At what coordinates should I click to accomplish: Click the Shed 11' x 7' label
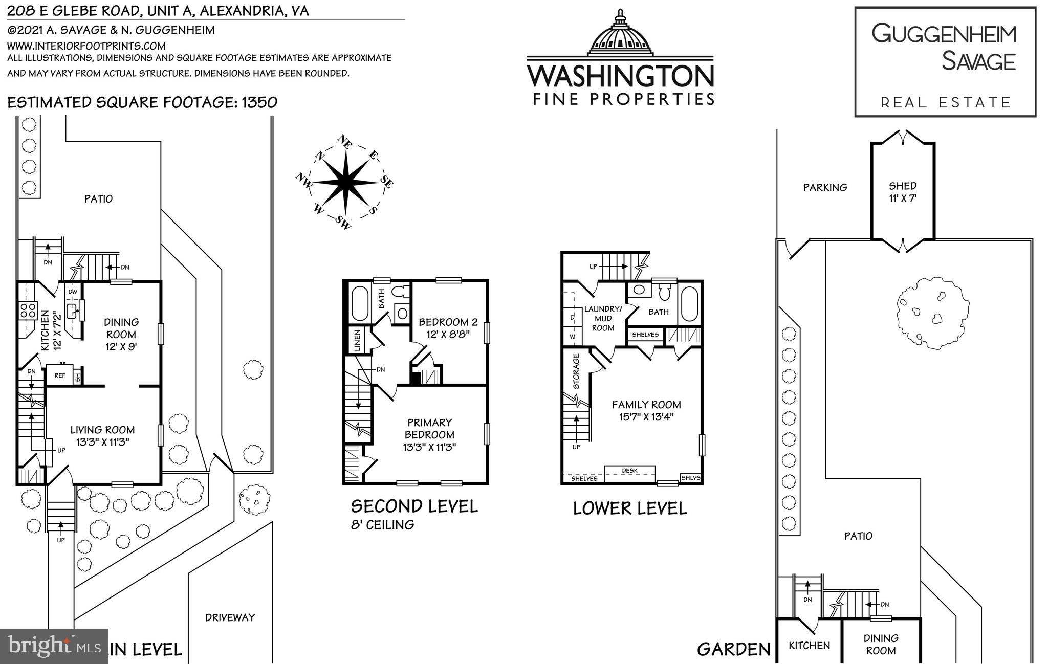coord(902,192)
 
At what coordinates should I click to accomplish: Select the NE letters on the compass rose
coord(345,142)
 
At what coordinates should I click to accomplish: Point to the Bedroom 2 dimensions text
coord(448,335)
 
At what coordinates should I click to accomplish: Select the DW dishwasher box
coord(73,292)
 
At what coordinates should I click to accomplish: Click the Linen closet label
coord(357,339)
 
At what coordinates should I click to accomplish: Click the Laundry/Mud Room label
coord(603,318)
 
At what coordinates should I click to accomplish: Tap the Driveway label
coord(230,617)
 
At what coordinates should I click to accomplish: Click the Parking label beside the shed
coord(825,188)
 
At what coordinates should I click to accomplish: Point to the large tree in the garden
coord(932,313)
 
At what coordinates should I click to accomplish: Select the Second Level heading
coord(414,506)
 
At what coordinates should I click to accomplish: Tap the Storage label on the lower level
coord(576,371)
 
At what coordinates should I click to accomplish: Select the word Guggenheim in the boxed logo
coord(944,34)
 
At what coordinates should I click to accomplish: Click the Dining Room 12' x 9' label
coord(121,334)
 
